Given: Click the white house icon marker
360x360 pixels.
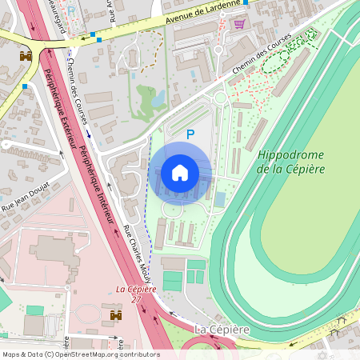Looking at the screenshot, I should point(180,172).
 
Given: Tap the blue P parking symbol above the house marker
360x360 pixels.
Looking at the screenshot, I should point(190,135).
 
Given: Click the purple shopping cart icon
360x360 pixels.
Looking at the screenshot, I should point(238,23).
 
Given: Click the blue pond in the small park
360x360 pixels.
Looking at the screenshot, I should point(158,98).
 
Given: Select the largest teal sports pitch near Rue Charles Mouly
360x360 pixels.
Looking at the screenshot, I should point(173,281).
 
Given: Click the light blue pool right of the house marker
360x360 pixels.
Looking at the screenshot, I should point(220,198).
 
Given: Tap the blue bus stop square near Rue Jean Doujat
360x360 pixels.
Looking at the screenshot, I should point(25,86).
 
